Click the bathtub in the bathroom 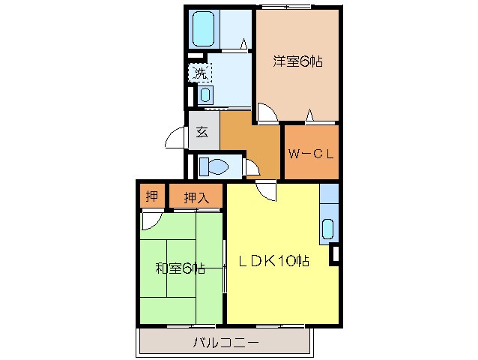pos(205,28)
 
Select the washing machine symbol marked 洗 pos(200,73)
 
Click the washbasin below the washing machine pos(205,95)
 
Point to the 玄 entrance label pos(202,132)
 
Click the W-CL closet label pos(311,154)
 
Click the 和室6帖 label pos(180,268)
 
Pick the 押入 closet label pos(196,197)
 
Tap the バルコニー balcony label pos(226,344)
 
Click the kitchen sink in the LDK pos(327,228)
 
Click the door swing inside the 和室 pos(151,220)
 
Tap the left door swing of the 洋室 pos(265,112)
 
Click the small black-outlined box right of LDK pos(334,254)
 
